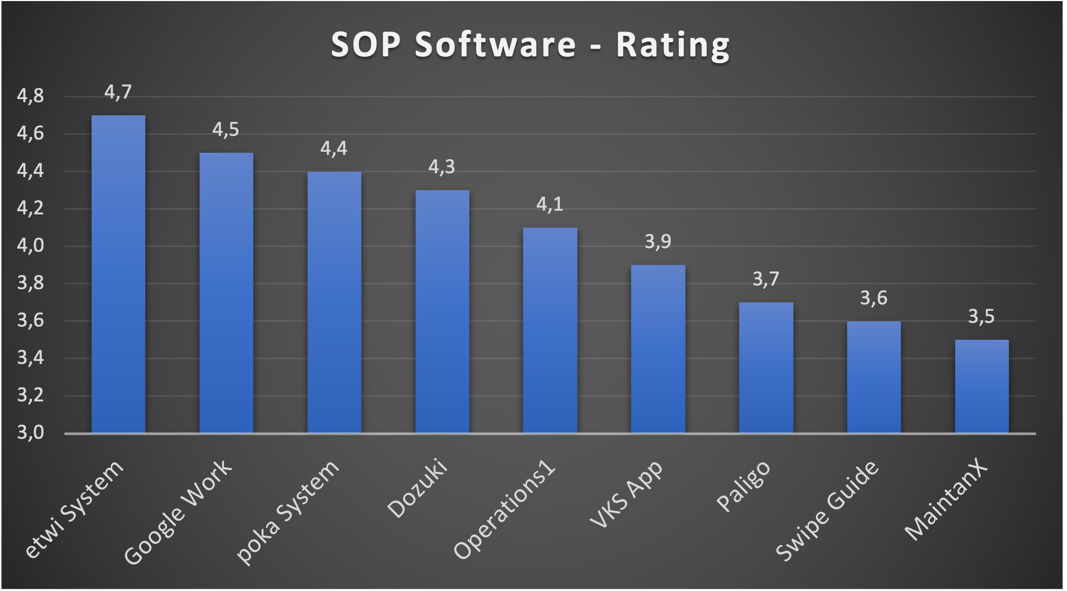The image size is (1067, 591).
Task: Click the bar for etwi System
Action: coord(118,274)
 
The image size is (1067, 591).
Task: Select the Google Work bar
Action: coord(226,293)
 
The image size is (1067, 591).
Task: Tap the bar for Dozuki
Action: coord(442,311)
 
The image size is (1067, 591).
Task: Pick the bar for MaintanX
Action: coord(982,386)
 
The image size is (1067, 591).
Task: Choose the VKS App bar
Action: coord(658,349)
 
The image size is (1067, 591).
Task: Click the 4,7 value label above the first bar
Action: coord(118,93)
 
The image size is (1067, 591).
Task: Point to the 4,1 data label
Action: coord(550,204)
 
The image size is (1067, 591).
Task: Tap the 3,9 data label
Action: coord(658,242)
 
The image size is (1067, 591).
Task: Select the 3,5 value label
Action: coord(981,317)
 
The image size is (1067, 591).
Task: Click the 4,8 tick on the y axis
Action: coord(31,96)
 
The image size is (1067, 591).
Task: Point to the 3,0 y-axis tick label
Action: coord(31,433)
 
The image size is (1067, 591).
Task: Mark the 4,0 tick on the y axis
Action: coord(31,246)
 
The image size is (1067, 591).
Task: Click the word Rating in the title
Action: coord(673,45)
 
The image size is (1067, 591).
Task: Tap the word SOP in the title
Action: coord(366,44)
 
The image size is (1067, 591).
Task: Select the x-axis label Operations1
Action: coord(504,510)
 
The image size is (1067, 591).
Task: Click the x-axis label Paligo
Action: coord(743,486)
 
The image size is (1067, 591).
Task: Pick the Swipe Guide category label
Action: coord(827,510)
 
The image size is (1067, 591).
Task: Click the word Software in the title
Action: coord(495,44)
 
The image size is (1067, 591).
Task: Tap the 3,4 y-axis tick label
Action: coord(31,358)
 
